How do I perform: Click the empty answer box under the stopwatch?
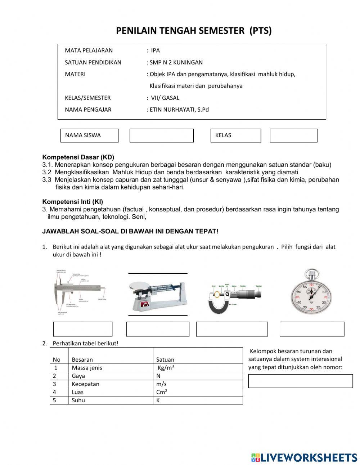[x=312, y=329]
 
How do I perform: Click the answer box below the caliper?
[x=83, y=329]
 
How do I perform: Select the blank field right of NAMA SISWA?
[x=161, y=135]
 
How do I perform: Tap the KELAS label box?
[x=235, y=135]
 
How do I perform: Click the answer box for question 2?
[x=300, y=381]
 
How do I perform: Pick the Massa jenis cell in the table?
[x=87, y=368]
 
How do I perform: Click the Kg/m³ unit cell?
[x=166, y=368]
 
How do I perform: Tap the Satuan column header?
[x=165, y=359]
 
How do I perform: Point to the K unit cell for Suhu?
[x=158, y=400]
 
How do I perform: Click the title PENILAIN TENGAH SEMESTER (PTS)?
[x=194, y=31]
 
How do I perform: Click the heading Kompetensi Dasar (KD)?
[x=78, y=157]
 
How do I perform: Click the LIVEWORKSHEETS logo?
[x=304, y=457]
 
